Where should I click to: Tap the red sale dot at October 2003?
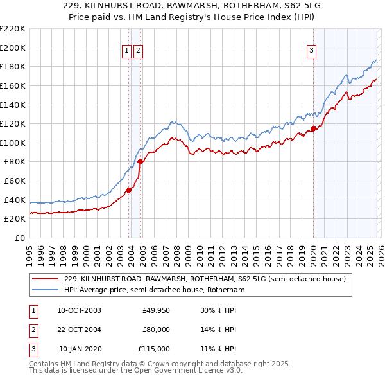pyautogui.click(x=128, y=189)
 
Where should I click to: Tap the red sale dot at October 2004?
pyautogui.click(x=140, y=161)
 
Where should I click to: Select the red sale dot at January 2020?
pyautogui.click(x=314, y=128)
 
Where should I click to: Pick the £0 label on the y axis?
pyautogui.click(x=19, y=238)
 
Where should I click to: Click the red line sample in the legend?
pyautogui.click(x=45, y=279)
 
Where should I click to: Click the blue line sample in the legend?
pyautogui.click(x=45, y=290)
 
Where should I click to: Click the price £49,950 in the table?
pyautogui.click(x=156, y=310)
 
